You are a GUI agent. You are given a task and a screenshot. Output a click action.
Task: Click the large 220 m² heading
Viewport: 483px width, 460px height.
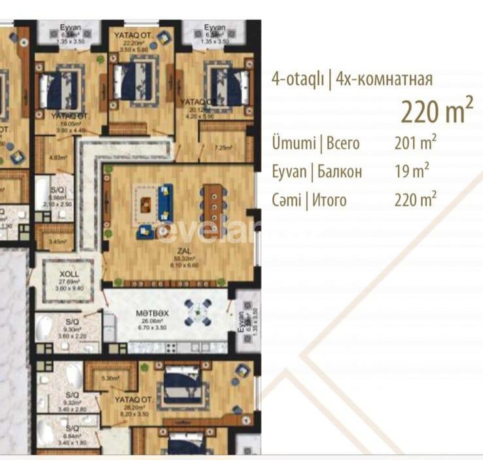pyautogui.click(x=437, y=111)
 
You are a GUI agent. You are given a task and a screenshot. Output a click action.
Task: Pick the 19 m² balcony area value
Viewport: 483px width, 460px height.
pyautogui.click(x=412, y=172)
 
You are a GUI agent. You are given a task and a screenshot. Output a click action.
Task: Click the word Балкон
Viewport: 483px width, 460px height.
pyautogui.click(x=339, y=172)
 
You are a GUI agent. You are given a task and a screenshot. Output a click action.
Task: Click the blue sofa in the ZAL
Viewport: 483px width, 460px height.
pyautogui.click(x=165, y=202)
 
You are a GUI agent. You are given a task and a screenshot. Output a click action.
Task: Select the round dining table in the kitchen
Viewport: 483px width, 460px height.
pyautogui.click(x=197, y=312)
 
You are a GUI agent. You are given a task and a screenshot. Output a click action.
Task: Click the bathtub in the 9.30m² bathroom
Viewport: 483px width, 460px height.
pyautogui.click(x=45, y=327)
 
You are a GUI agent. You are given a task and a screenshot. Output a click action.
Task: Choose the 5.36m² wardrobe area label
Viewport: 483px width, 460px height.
pyautogui.click(x=110, y=378)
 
